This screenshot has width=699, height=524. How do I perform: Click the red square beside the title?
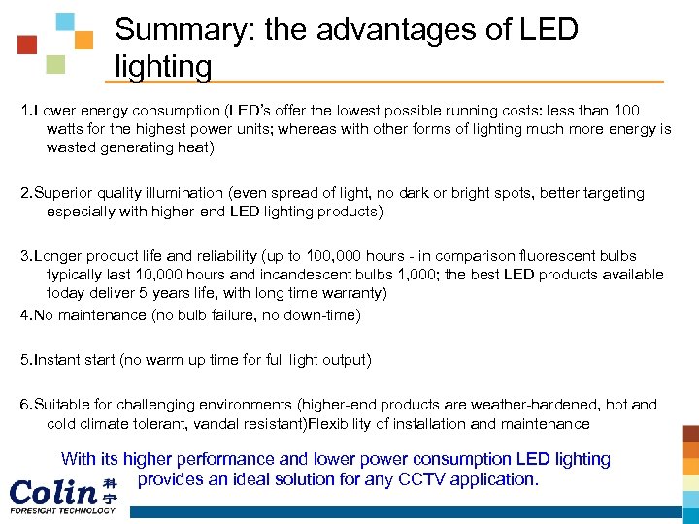coord(27,45)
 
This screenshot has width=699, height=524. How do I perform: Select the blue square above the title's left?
coord(64,21)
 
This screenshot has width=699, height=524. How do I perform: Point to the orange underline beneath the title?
coord(388,82)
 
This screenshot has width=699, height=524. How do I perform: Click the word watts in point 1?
coord(66,128)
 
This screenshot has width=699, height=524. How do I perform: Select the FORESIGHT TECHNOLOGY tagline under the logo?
coord(62,510)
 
